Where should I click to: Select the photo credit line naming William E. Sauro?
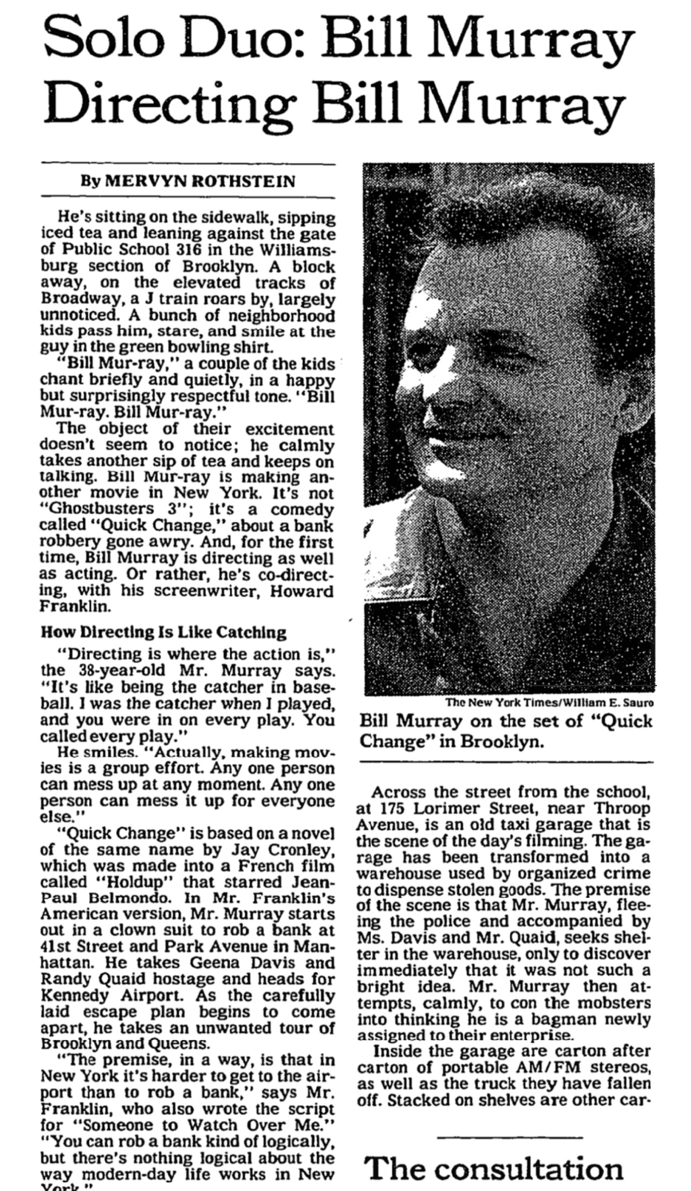pyautogui.click(x=549, y=702)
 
